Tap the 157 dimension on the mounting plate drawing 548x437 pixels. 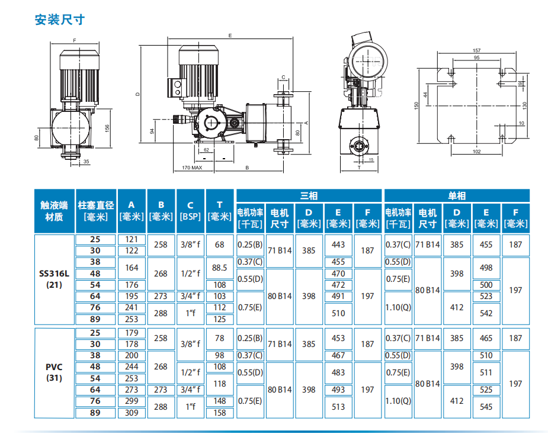point(476,50)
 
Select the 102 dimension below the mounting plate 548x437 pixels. point(476,152)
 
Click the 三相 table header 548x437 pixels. point(308,195)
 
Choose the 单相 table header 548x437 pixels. point(456,195)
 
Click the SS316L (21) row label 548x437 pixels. point(54,279)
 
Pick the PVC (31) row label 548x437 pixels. point(54,372)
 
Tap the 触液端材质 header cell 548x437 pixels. point(54,211)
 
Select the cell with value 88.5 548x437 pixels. point(220,268)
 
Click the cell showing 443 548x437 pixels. point(338,245)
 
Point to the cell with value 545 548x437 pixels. point(486,407)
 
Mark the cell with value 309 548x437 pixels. point(132,412)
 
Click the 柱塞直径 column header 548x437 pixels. point(95,211)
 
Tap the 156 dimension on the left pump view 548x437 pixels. point(107,127)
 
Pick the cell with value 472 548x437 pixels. point(338,285)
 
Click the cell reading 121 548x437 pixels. point(132,239)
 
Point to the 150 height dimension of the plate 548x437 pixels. point(416,105)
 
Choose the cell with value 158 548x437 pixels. point(220,412)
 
